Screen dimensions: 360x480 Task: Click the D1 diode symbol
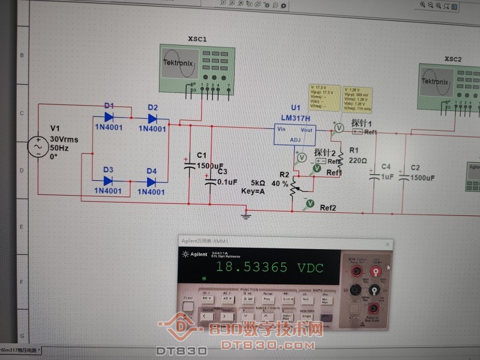[x=109, y=118]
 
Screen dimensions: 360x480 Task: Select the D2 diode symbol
[x=152, y=118]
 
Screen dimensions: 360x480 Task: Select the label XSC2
[x=453, y=59]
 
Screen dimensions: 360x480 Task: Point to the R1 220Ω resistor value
[x=358, y=161]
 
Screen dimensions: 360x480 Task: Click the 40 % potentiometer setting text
[x=280, y=183]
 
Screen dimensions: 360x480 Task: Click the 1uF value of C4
[x=387, y=177]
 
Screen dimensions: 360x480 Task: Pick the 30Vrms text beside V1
[x=64, y=139]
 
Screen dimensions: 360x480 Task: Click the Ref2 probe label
[x=328, y=208]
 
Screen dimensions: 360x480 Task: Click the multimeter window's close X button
[x=388, y=245]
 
